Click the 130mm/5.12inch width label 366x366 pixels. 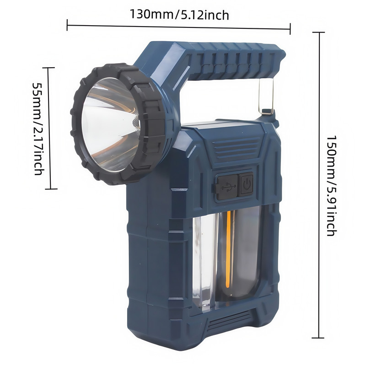pyautogui.click(x=179, y=15)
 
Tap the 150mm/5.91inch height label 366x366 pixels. pyautogui.click(x=331, y=186)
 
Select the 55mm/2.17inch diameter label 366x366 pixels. pyautogui.click(x=38, y=129)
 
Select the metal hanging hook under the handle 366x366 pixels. pyautogui.click(x=266, y=96)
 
